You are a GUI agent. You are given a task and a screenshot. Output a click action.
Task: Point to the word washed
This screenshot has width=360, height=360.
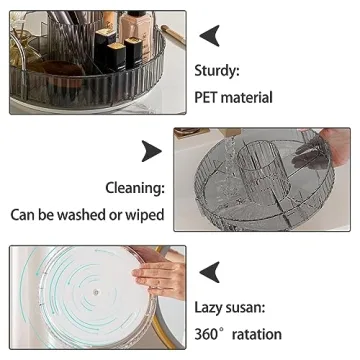coord(99,214)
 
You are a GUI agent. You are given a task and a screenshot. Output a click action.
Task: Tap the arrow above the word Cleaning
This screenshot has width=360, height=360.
coord(151,150)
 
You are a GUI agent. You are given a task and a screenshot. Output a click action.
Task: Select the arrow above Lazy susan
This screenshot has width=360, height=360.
coord(211,270)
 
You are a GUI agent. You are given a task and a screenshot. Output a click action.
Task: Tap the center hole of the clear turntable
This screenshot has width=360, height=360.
coord(92,294)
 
